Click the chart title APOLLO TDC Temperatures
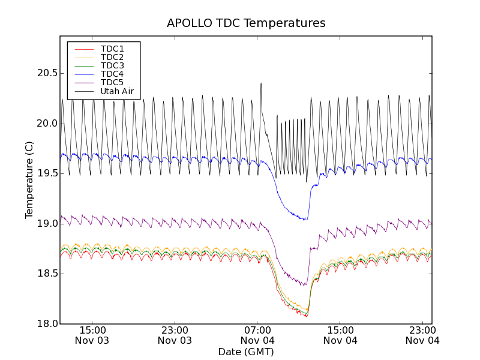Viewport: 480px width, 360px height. coord(246,23)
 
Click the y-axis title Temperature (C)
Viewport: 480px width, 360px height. coord(29,180)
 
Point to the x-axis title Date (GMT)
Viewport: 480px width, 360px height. coord(246,352)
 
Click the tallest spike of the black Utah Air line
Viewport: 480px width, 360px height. coord(261,84)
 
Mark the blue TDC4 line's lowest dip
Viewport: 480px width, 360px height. coord(305,220)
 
